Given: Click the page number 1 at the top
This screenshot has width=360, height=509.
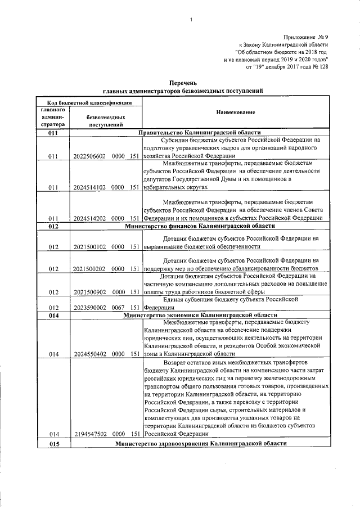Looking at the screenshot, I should pos(191,21).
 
